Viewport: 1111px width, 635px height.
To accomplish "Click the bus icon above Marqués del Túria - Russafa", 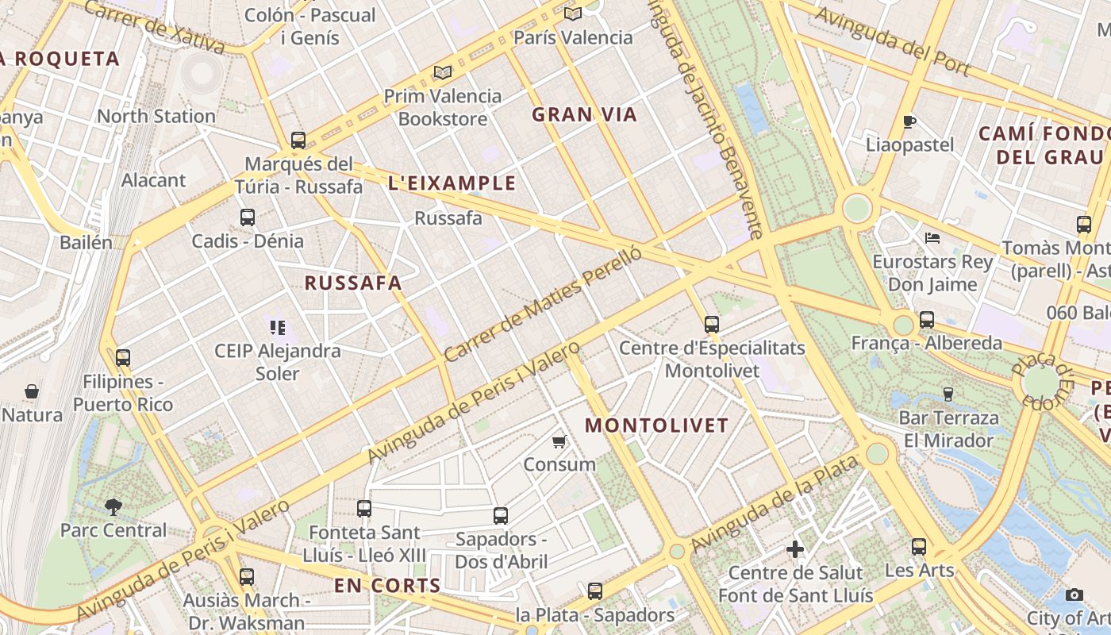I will point(298,140).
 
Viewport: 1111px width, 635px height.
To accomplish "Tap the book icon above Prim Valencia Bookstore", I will point(443,73).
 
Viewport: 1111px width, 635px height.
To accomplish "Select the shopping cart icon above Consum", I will point(559,441).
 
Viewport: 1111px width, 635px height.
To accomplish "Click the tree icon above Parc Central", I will point(113,506).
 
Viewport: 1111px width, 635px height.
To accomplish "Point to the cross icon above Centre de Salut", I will point(795,549).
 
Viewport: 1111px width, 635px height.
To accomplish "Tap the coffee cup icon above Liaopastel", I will point(909,121).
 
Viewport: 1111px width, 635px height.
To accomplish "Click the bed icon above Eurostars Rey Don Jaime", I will point(932,238).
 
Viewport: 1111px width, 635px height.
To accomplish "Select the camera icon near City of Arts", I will point(1074,595).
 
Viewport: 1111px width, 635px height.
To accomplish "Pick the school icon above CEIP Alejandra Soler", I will point(277,327).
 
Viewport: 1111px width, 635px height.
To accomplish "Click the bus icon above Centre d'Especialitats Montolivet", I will point(712,324).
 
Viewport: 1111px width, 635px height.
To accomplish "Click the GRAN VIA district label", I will point(584,115).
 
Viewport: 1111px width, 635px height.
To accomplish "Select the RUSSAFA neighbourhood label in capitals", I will point(353,283).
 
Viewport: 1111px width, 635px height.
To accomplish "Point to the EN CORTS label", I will point(387,587).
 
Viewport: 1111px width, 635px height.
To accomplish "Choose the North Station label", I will point(156,116).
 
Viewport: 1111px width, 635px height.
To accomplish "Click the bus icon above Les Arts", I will point(919,546).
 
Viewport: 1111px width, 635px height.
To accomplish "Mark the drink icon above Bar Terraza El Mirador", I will point(948,394).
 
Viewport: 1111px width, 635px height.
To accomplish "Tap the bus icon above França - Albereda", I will point(927,320).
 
